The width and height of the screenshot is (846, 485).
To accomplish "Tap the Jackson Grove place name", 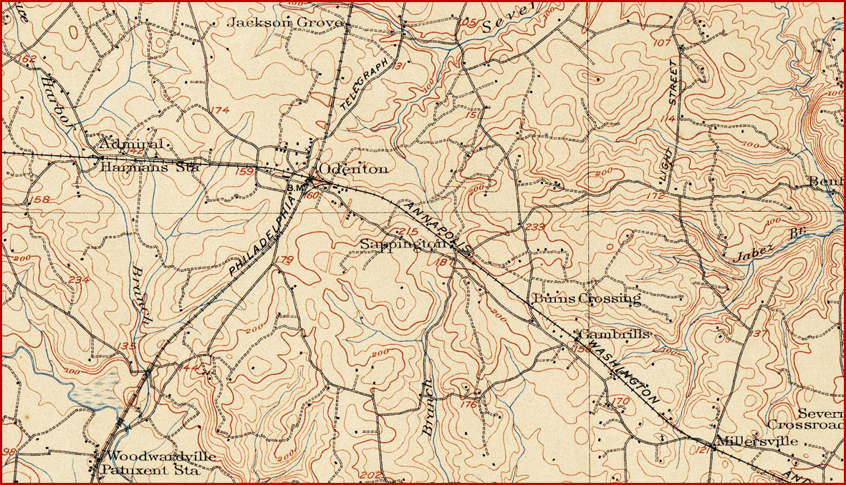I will click(x=285, y=23).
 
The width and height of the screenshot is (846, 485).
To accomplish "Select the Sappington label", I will click(x=398, y=245).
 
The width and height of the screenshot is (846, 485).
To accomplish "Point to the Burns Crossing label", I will click(x=585, y=299).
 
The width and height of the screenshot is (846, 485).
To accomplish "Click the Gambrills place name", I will click(x=614, y=334).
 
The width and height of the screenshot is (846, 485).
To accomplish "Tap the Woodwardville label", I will click(x=160, y=456).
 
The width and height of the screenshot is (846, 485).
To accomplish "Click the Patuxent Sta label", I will click(x=150, y=470).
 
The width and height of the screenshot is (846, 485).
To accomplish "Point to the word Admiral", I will click(x=131, y=144).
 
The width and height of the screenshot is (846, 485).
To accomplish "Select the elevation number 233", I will click(x=535, y=227).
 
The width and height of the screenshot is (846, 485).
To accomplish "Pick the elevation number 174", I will click(x=220, y=110).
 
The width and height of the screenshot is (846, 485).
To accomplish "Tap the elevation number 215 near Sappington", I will click(x=407, y=231).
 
